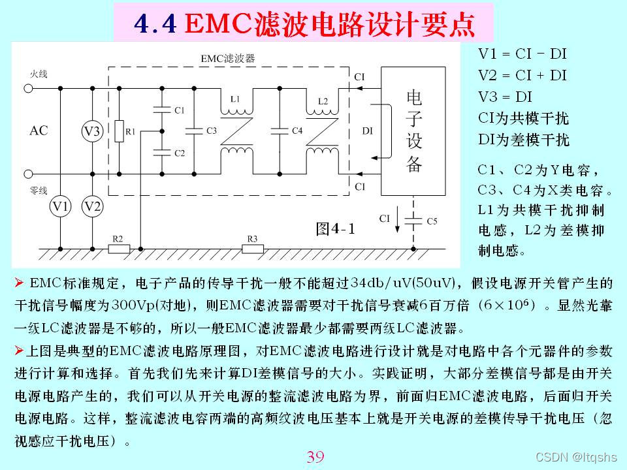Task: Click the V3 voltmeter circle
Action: coord(92,131)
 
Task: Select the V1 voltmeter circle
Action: coord(61,207)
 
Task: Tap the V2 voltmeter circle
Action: coord(92,207)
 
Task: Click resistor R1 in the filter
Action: coord(119,131)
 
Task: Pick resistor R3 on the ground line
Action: coord(253,249)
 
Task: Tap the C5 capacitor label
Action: coord(432,221)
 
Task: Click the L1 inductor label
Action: coord(236,99)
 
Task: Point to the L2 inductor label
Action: coord(323,101)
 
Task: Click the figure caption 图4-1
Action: coord(335,229)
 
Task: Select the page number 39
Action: coord(315,457)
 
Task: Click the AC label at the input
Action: coord(39,131)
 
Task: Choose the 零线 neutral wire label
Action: coord(39,191)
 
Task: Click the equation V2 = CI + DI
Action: coord(522,76)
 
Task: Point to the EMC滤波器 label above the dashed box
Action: coord(228,58)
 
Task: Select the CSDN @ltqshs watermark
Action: coord(576,458)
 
